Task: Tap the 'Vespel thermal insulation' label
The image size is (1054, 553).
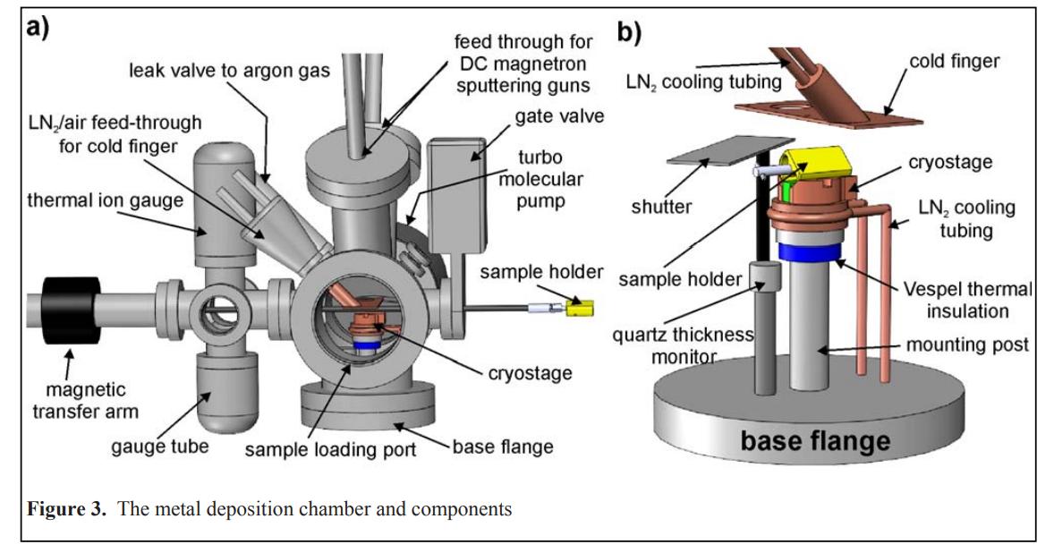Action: tap(973, 300)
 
